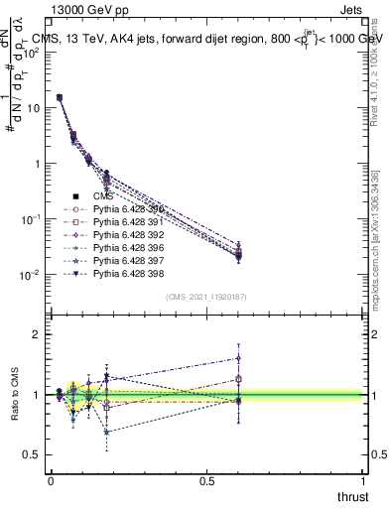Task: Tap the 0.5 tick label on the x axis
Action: click(207, 481)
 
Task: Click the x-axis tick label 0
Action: click(51, 481)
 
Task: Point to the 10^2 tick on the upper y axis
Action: click(31, 53)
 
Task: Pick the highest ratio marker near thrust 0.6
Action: click(239, 358)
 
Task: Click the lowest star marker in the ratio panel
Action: click(107, 432)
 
